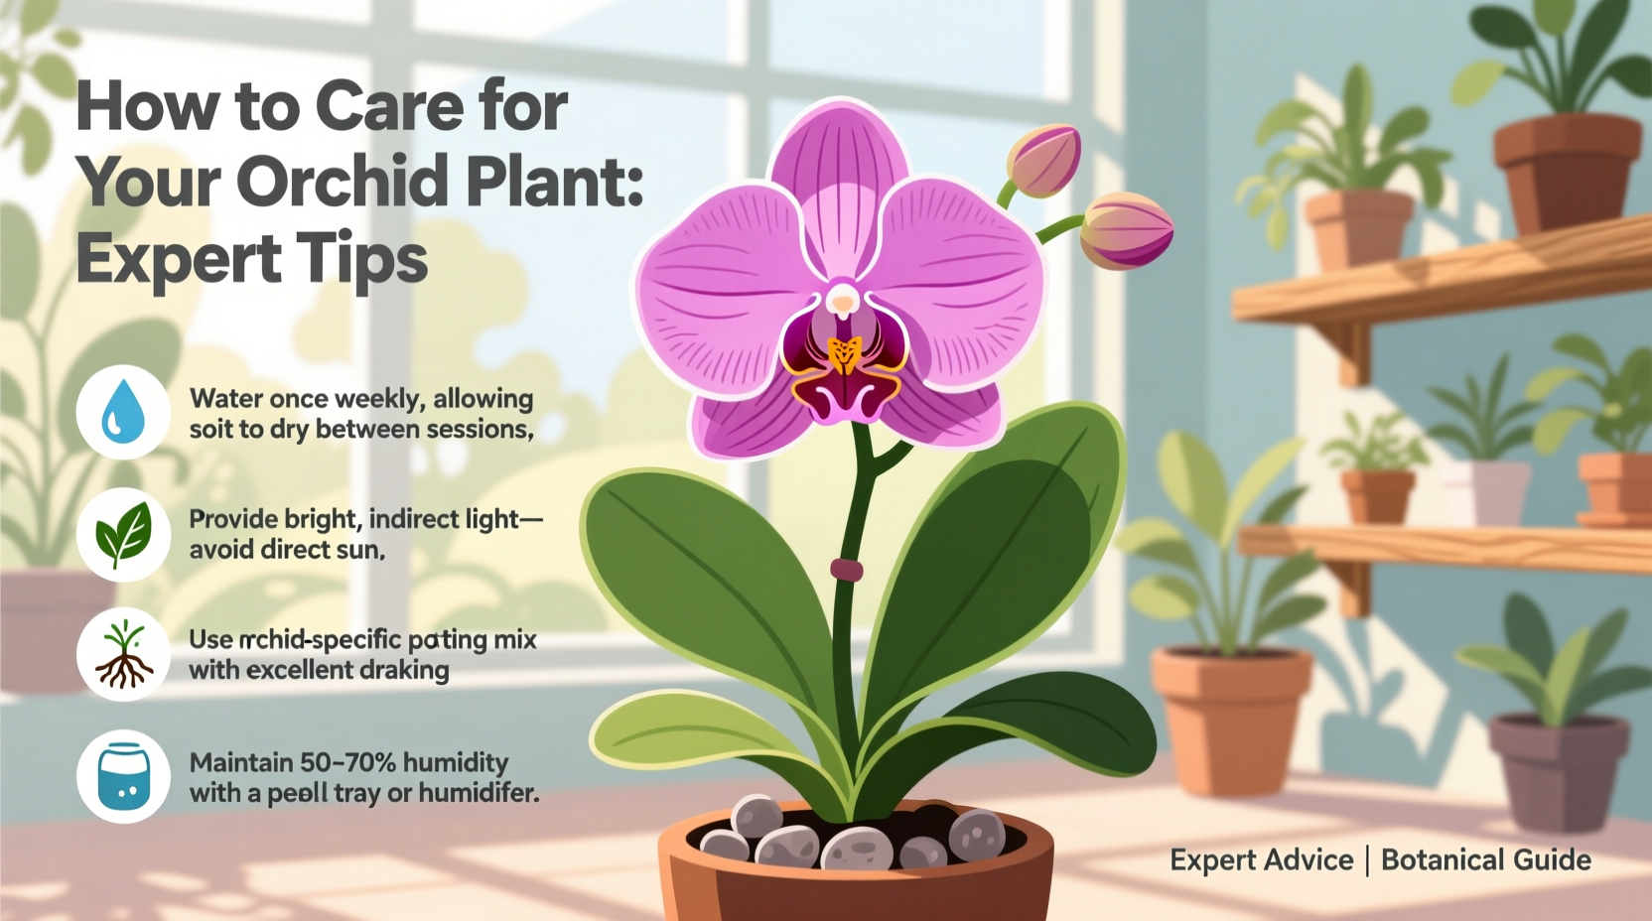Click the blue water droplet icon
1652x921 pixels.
[x=123, y=411]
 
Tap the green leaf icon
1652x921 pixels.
[x=123, y=534]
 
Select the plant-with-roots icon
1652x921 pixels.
[x=123, y=655]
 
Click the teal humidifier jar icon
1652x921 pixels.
[x=123, y=777]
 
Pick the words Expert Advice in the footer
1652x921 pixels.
[x=1261, y=859]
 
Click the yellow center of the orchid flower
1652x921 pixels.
[x=844, y=354]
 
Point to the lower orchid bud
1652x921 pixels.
[x=1127, y=231]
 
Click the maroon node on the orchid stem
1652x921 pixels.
[x=846, y=570]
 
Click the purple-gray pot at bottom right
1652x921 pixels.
[x=1558, y=769]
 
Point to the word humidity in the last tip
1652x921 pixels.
[x=456, y=762]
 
